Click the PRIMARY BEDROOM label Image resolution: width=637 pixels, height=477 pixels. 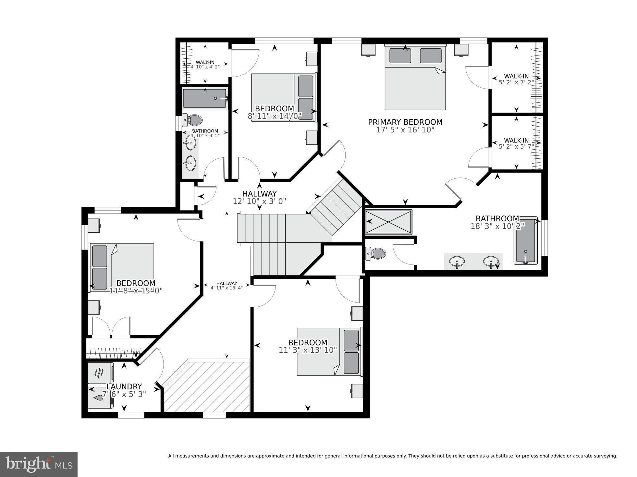[x=405, y=122]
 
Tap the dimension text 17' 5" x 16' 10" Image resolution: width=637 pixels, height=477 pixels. [x=405, y=130]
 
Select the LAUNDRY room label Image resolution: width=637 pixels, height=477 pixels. [x=124, y=386]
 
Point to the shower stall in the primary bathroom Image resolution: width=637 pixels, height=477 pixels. [x=388, y=222]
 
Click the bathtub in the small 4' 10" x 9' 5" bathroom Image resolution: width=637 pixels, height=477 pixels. [x=204, y=98]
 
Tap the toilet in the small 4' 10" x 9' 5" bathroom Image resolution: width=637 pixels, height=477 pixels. [x=192, y=120]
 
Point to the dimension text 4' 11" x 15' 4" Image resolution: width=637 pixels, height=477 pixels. [x=227, y=288]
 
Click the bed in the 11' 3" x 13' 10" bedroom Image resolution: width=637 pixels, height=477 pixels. [x=329, y=352]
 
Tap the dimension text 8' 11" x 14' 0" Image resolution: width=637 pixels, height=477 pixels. [x=275, y=116]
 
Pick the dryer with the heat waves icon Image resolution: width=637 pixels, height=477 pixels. [x=100, y=373]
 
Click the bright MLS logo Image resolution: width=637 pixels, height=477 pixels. [x=39, y=464]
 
